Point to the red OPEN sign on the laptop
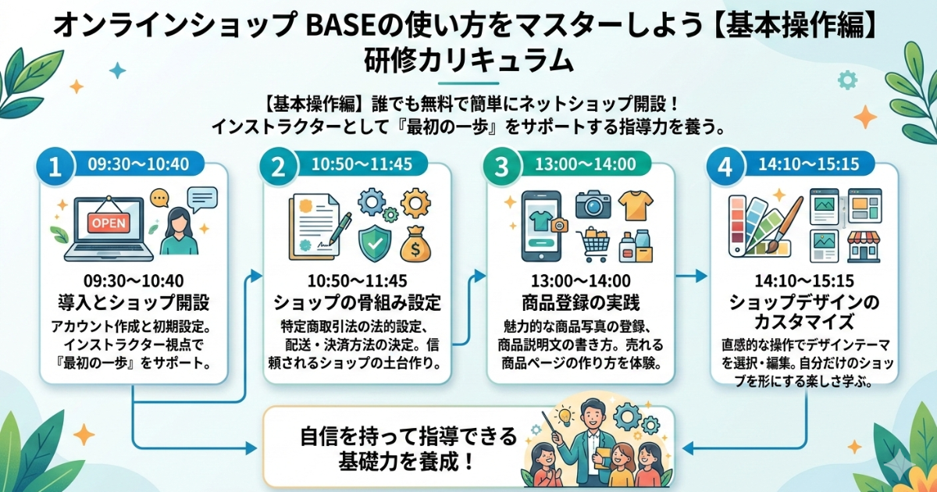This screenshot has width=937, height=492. pos(108,222)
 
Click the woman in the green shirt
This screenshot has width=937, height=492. pos(178,230)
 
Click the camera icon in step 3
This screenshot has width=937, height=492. pos(593,205)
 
